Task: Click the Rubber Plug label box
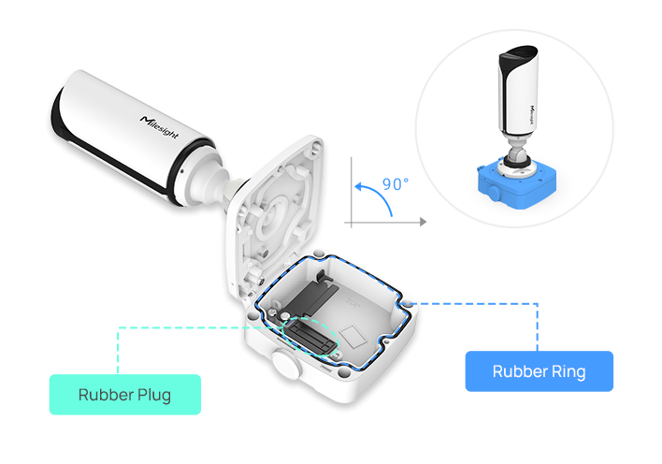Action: click(124, 394)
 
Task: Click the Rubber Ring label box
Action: click(539, 371)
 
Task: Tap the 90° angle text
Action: click(396, 184)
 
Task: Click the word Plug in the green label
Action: click(152, 394)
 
